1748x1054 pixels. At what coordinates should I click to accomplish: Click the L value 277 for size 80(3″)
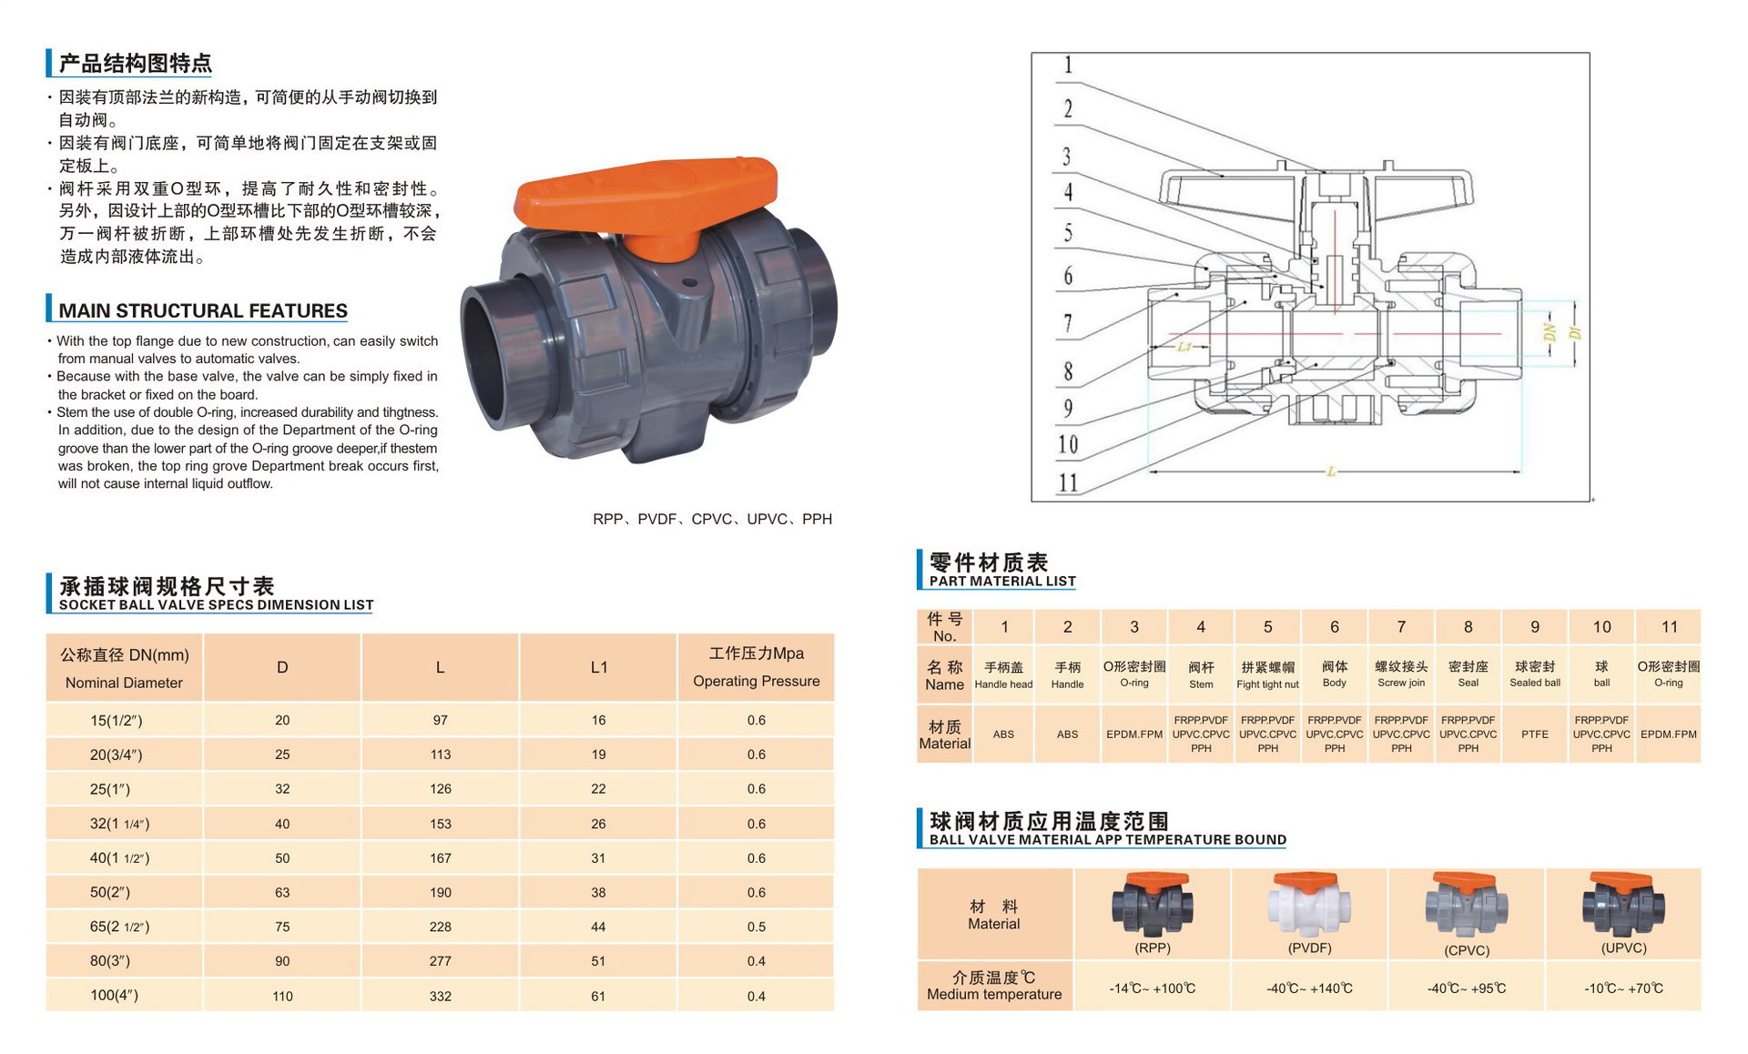click(440, 961)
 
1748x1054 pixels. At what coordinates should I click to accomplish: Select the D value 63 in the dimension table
click(282, 893)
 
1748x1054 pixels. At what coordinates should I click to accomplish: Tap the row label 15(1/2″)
click(116, 721)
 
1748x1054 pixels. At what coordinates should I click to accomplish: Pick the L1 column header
click(598, 667)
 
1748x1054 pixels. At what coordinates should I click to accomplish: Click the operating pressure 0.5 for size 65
click(756, 927)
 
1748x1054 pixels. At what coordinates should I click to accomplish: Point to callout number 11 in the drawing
click(1067, 482)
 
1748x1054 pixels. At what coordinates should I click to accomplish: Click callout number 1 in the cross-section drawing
click(1068, 66)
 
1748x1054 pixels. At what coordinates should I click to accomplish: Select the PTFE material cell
click(1534, 734)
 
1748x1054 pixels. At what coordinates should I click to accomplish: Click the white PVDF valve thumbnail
click(1308, 905)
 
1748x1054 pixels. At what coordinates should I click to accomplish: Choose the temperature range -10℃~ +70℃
click(1623, 988)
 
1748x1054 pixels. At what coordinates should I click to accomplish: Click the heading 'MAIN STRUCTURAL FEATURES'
click(202, 310)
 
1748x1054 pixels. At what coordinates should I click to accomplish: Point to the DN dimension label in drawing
click(1550, 333)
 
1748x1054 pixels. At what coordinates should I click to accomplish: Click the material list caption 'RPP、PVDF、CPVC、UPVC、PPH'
click(712, 519)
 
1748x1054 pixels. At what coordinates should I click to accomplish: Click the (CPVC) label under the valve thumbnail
click(1466, 950)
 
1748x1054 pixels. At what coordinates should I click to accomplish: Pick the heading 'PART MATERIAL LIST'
click(1001, 581)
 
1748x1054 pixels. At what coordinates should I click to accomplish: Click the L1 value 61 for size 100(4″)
click(598, 996)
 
